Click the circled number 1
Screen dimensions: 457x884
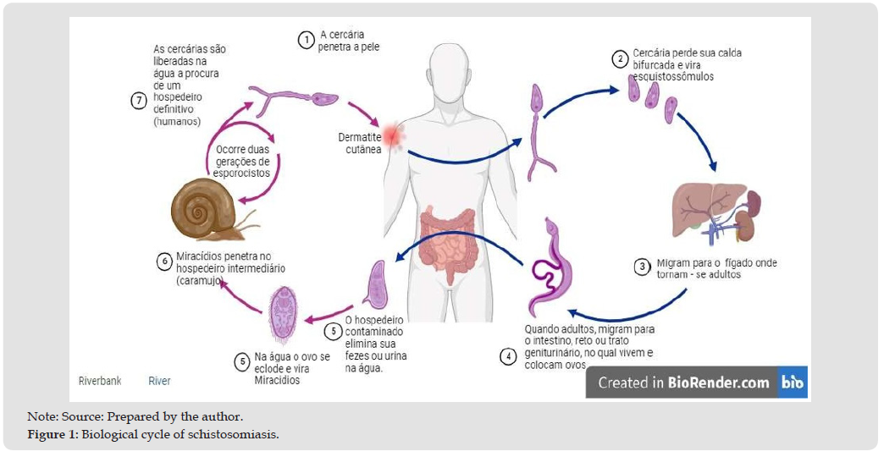coord(306,40)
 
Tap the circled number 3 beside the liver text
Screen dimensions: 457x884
coord(643,267)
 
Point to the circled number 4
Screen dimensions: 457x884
coord(508,356)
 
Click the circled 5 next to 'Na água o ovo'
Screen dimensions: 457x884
coord(241,361)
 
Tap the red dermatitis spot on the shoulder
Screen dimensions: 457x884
coord(392,134)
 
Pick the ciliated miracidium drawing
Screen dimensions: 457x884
coord(284,314)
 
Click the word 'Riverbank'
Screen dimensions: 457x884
coord(100,381)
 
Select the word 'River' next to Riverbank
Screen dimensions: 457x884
coord(159,381)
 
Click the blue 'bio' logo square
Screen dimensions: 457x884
coord(793,383)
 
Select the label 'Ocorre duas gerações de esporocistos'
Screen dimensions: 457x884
coord(242,161)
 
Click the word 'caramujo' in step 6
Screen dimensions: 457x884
coord(200,280)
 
